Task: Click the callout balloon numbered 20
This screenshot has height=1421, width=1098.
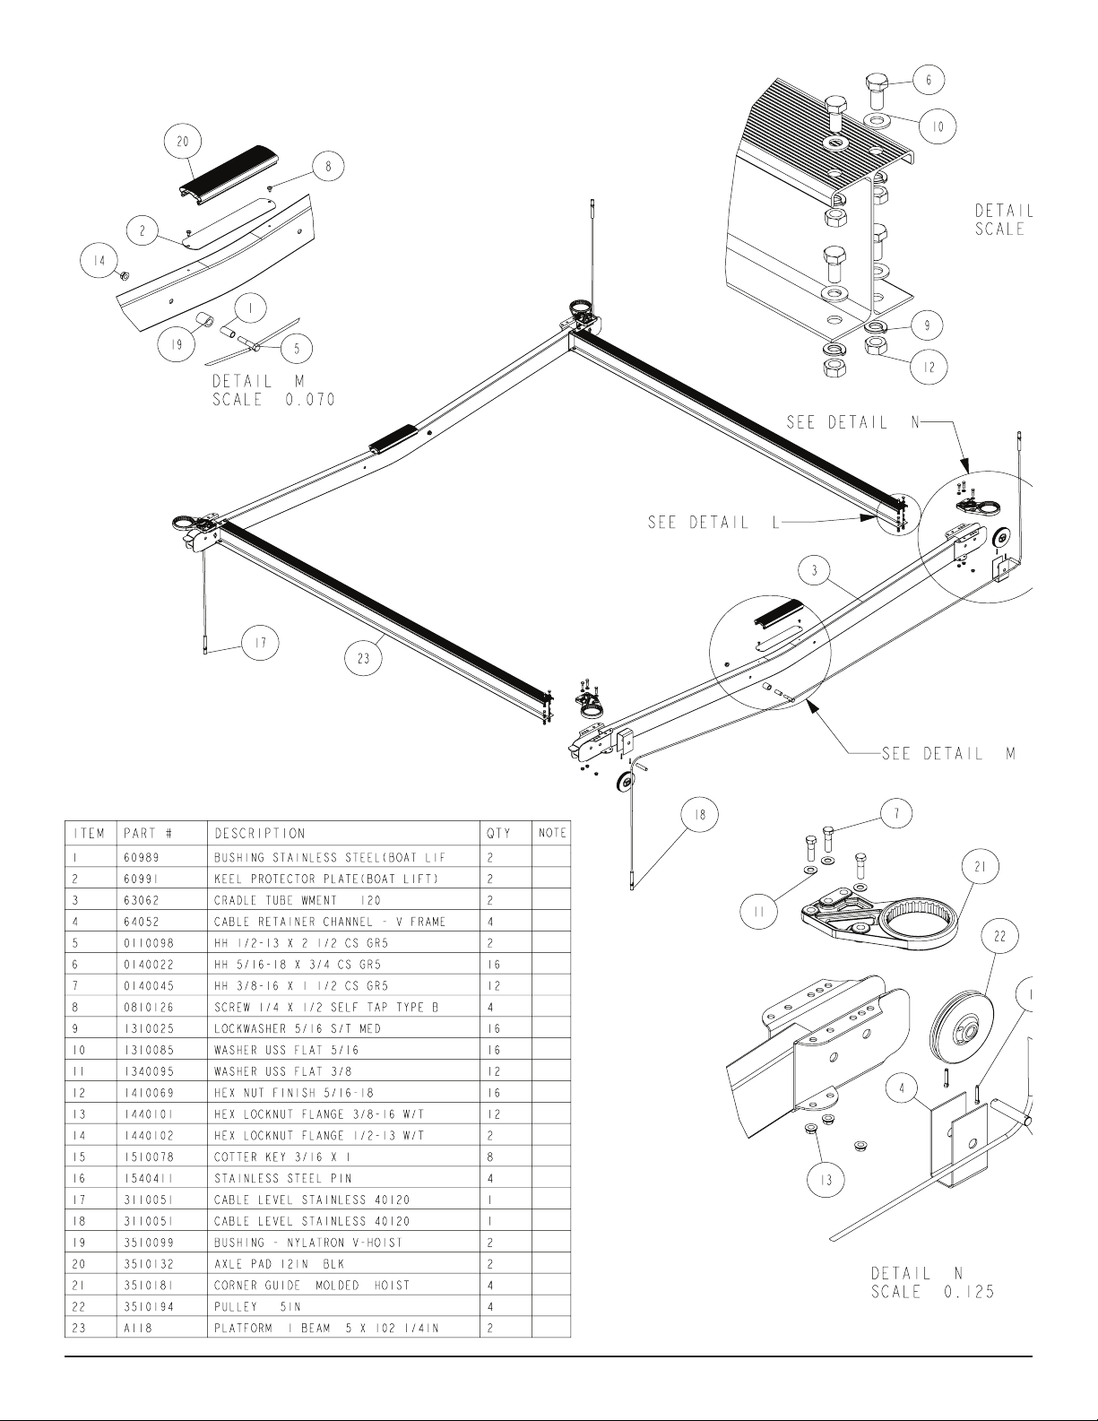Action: point(182,142)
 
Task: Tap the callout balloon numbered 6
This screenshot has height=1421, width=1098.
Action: point(928,81)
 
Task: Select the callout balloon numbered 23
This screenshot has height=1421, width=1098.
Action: point(363,659)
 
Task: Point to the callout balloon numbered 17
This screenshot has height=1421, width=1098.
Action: point(260,643)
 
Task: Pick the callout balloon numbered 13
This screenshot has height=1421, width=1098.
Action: point(826,1181)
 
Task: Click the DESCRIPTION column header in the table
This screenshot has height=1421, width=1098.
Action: point(259,834)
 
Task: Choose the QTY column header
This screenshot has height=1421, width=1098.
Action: point(498,834)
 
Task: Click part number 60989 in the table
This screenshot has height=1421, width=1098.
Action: point(142,857)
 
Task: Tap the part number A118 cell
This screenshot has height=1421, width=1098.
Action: point(138,1328)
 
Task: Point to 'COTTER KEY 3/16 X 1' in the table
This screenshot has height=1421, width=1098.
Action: point(283,1157)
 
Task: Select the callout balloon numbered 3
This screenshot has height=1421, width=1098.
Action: point(815,571)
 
